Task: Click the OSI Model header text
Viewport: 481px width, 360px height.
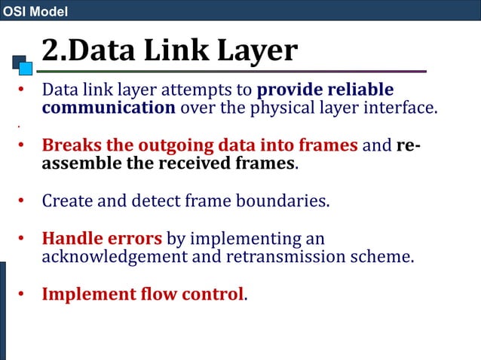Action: point(35,11)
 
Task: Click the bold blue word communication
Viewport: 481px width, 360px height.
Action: point(109,108)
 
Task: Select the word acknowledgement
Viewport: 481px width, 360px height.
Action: point(117,256)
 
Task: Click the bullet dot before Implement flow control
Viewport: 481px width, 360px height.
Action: point(22,294)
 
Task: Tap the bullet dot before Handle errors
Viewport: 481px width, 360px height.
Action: point(22,239)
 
